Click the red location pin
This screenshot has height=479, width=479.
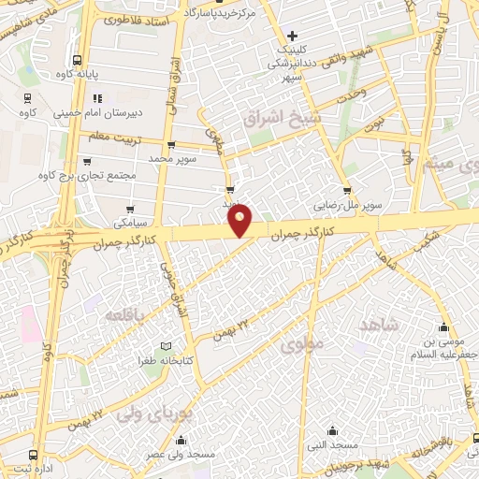coord(241,220)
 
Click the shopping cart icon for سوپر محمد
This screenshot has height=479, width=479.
coord(170,145)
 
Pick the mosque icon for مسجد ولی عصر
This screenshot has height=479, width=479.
coord(181,440)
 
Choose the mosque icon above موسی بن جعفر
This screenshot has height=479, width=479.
coord(443,328)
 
